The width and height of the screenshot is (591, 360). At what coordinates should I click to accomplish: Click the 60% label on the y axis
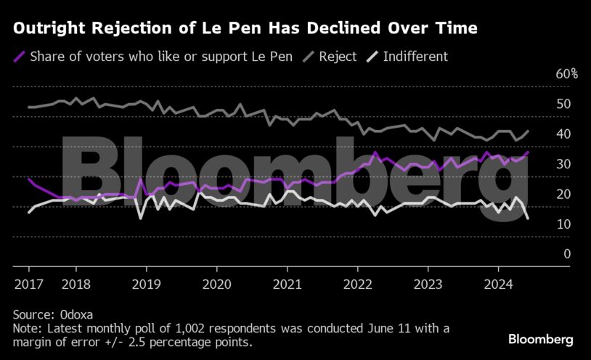point(566,74)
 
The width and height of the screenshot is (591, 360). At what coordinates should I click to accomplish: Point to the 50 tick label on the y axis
point(563,104)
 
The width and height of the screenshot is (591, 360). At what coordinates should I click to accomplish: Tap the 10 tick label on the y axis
point(563,224)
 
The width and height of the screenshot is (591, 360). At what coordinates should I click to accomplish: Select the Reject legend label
point(337,57)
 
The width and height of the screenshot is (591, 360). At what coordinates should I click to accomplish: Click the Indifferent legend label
point(415,57)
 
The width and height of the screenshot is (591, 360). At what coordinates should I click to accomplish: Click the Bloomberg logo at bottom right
point(541,339)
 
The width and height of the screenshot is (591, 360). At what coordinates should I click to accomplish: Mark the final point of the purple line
point(528,152)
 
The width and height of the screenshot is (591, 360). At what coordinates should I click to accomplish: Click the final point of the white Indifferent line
point(528,218)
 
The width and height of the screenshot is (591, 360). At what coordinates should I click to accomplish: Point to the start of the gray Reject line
point(28,107)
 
